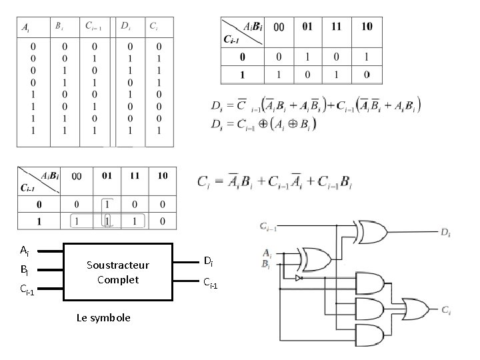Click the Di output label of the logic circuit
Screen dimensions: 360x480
[x=445, y=232]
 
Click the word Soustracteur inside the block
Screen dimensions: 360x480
[x=118, y=265]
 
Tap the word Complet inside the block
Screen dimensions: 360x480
[x=118, y=279]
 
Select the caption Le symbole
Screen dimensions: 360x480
[x=103, y=317]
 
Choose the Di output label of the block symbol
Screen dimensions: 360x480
[x=208, y=260]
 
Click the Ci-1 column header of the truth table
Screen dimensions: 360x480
[x=93, y=27]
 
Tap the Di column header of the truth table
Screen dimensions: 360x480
[x=125, y=27]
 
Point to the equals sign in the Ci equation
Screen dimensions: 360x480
[x=214, y=182]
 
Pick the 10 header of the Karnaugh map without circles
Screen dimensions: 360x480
[x=367, y=27]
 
